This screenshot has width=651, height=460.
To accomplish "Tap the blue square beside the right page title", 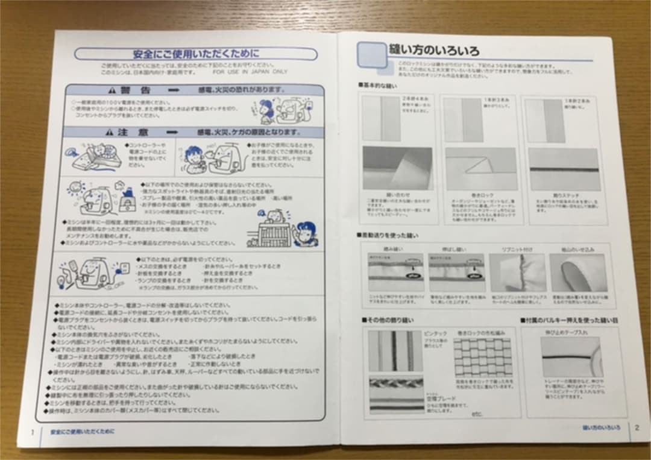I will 371,55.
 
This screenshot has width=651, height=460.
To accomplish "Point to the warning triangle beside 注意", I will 112,131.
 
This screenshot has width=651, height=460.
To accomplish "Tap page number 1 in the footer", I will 32,432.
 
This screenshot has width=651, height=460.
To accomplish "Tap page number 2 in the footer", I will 637,427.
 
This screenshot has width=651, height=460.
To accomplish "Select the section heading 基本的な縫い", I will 378,86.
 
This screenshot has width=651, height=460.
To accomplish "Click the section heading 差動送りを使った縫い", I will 388,235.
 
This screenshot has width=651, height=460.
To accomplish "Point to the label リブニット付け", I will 517,248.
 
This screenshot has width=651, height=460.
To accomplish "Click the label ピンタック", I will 435,333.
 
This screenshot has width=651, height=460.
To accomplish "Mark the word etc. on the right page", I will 478,414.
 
